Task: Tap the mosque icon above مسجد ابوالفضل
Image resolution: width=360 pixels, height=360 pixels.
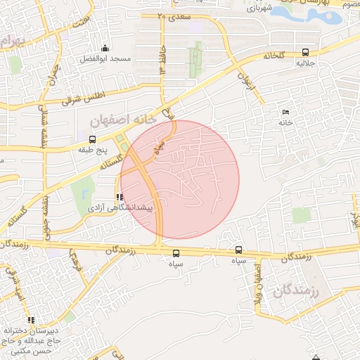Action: pyautogui.click(x=105, y=48)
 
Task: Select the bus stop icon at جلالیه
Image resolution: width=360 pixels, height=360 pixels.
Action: pyautogui.click(x=305, y=52)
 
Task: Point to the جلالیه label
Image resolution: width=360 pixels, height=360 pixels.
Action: pyautogui.click(x=305, y=63)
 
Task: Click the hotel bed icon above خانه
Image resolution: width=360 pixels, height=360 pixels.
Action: pyautogui.click(x=285, y=112)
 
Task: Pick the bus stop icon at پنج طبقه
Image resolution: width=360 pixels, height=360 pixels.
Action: pyautogui.click(x=93, y=139)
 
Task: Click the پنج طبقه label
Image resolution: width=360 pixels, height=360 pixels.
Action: pyautogui.click(x=93, y=150)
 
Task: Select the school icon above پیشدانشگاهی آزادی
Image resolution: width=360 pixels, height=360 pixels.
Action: pyautogui.click(x=118, y=198)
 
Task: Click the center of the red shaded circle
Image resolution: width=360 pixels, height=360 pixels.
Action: pyautogui.click(x=180, y=179)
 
